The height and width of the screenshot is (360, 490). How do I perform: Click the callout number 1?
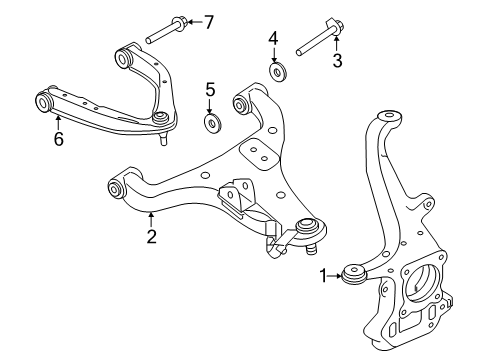click(322, 275)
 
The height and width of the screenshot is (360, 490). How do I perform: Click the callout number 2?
click(151, 237)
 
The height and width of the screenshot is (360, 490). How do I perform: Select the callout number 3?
click(338, 61)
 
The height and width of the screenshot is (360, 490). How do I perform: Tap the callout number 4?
click(272, 39)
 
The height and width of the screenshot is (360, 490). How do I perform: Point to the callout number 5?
click(210, 91)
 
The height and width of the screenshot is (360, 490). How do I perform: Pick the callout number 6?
click(59, 139)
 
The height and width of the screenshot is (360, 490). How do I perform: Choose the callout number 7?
click(208, 21)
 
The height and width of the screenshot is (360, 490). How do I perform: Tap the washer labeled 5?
click(211, 123)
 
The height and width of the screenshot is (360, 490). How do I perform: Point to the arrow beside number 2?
click(151, 219)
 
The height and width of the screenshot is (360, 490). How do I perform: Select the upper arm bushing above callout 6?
click(45, 102)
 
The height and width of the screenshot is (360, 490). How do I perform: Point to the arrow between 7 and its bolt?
click(193, 21)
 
